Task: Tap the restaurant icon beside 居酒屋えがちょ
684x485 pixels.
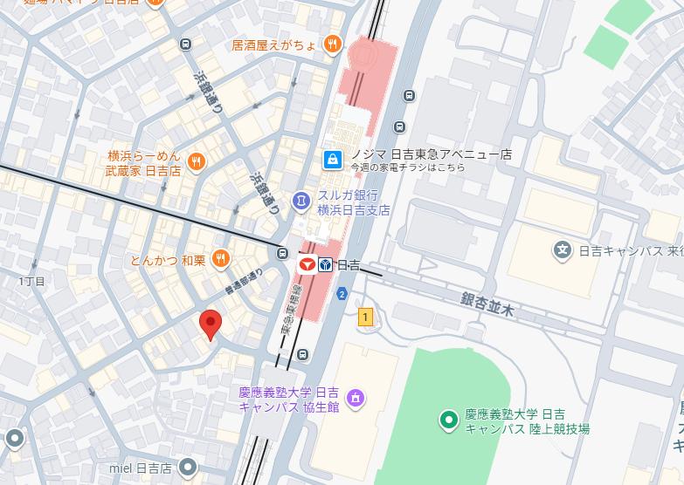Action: coord(332,44)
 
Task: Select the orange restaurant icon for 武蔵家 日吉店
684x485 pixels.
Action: coord(197,161)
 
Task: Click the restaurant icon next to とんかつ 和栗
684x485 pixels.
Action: coord(220,258)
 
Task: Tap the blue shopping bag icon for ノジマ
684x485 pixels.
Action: coord(331,159)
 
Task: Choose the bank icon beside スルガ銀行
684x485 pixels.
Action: coord(301,202)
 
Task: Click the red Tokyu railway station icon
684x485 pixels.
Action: coord(307,263)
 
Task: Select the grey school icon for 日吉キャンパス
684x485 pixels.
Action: coord(563,250)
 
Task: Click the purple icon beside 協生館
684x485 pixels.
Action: coord(355,400)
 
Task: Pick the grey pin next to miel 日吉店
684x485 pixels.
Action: coord(186,468)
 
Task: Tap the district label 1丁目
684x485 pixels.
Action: coord(31,281)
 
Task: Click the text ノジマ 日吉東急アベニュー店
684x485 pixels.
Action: coord(431,154)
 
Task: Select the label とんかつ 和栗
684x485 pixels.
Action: coord(167,259)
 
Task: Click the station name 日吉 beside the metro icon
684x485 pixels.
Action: coord(349,264)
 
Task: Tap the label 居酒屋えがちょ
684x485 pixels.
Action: coord(273,44)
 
